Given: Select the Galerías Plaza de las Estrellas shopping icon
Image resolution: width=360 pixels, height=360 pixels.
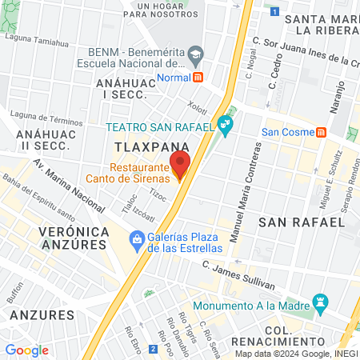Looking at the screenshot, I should pos(138,238).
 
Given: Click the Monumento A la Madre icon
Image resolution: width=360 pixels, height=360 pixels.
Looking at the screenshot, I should pos(322,303).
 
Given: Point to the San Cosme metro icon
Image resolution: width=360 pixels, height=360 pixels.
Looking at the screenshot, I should pos(321,132).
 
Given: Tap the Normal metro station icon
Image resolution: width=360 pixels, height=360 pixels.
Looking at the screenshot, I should pos(198,77).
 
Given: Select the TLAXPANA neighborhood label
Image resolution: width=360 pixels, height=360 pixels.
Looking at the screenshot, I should pos(151,148).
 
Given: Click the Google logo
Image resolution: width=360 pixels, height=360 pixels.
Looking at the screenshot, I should pos(26,350).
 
